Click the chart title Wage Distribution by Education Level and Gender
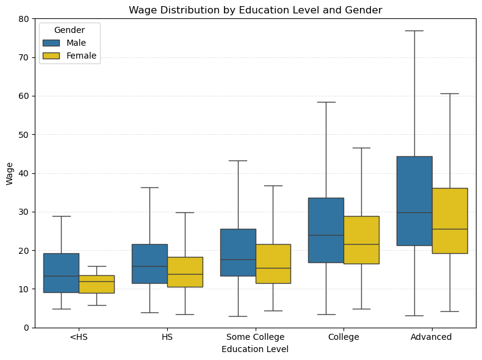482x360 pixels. (x=255, y=10)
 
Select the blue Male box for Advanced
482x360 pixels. (x=414, y=201)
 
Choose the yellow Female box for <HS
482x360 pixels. (x=96, y=284)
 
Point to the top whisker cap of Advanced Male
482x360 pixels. (x=414, y=31)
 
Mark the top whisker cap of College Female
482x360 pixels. (x=361, y=148)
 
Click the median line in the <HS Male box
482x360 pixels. (x=61, y=276)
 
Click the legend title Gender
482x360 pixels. (x=69, y=30)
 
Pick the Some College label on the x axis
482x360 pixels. (x=255, y=337)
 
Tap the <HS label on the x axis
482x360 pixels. (x=79, y=337)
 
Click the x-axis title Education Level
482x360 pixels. (x=255, y=350)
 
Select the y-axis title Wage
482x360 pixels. (x=9, y=173)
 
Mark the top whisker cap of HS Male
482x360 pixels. (x=149, y=187)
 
